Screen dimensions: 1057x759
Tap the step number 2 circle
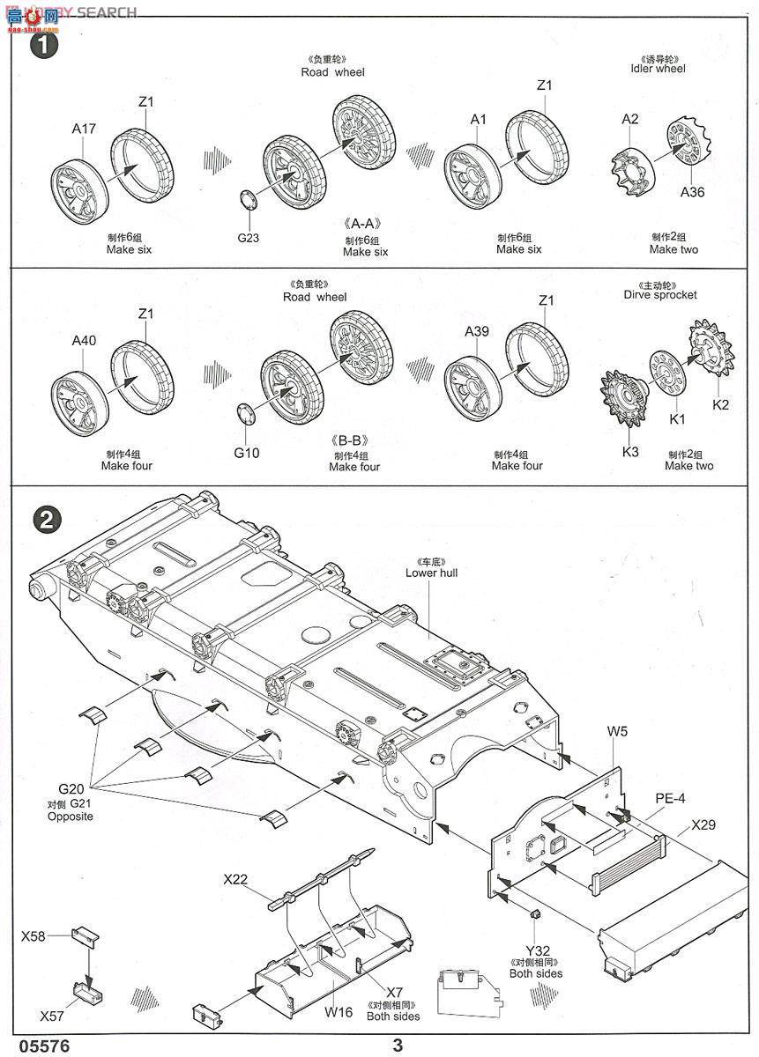point(45,520)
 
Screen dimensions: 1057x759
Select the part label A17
point(84,129)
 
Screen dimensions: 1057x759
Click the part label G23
point(249,236)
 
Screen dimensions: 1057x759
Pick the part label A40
point(84,341)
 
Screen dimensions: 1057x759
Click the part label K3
point(630,452)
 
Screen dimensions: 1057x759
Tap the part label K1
point(676,419)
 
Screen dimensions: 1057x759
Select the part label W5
point(617,730)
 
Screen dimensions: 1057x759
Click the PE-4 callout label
point(669,798)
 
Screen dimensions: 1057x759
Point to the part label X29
point(703,825)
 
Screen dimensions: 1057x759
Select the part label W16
point(338,1012)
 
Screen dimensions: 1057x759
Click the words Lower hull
point(431,573)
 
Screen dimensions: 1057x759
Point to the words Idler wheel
point(658,69)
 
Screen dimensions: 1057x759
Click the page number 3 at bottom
point(398,1045)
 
